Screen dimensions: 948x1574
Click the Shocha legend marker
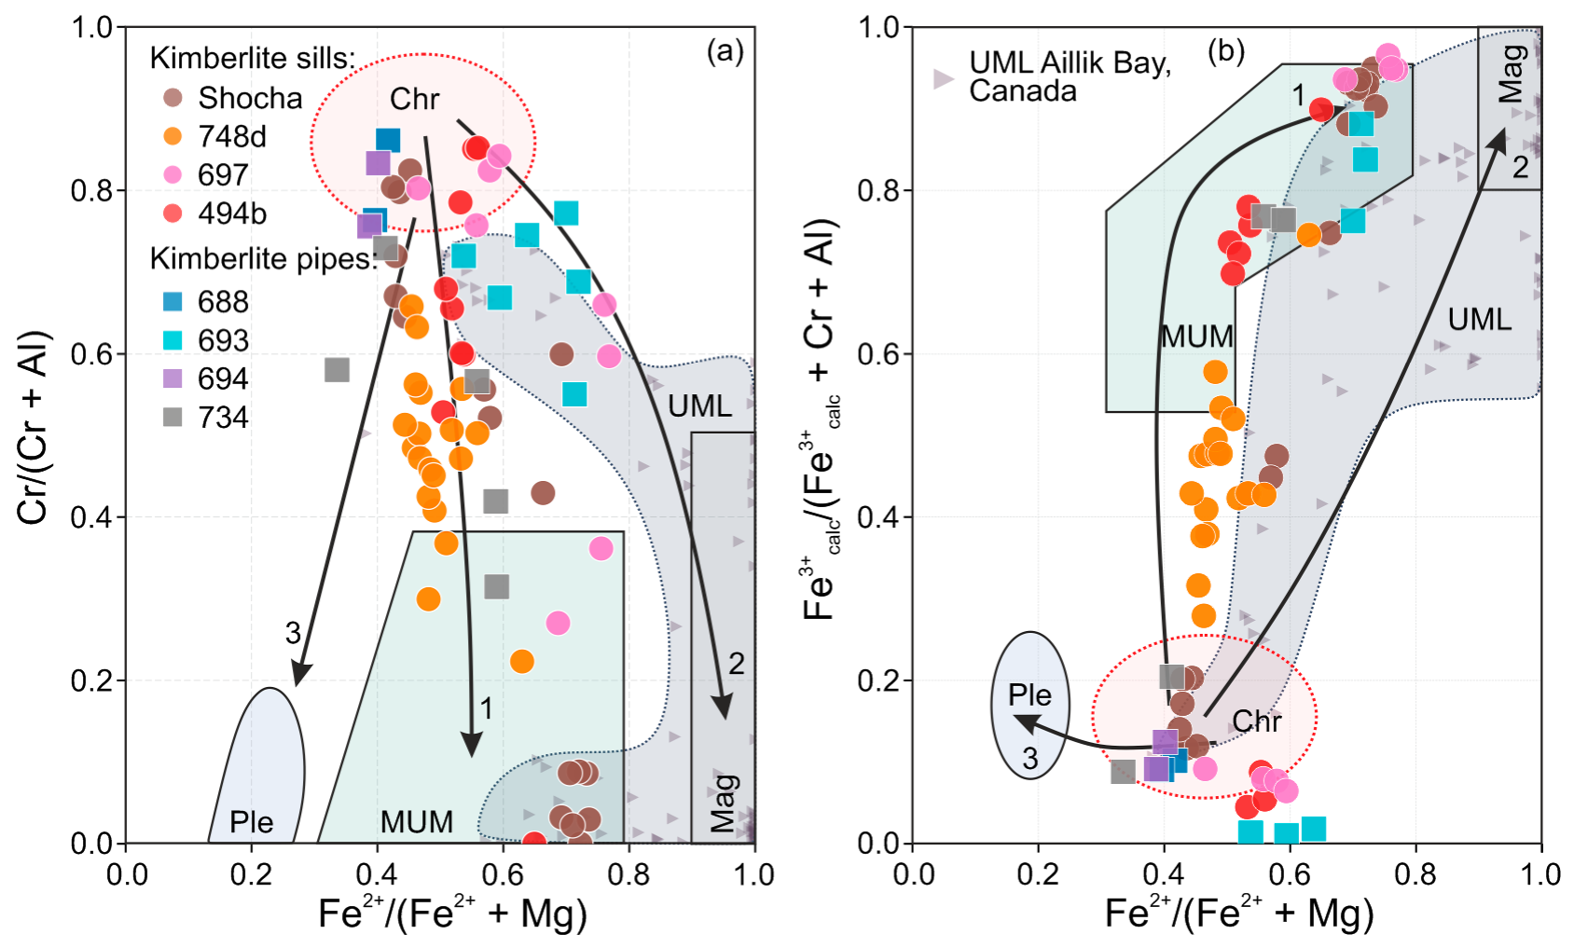click(173, 98)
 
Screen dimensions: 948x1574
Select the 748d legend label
click(232, 136)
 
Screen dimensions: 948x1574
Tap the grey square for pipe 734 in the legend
click(173, 417)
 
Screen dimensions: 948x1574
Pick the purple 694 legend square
click(173, 378)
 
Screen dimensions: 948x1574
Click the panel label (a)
click(725, 50)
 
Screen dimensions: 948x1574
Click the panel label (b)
click(1225, 50)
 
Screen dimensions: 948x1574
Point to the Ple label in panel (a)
click(251, 821)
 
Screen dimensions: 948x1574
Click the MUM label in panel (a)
click(416, 821)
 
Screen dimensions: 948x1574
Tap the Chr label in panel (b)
click(1256, 721)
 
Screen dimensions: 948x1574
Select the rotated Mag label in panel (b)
click(1511, 74)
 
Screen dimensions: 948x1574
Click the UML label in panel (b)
click(1479, 320)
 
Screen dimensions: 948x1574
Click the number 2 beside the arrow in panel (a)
click(736, 664)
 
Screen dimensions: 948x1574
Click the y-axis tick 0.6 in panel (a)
click(90, 354)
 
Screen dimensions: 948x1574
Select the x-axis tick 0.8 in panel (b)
click(1415, 874)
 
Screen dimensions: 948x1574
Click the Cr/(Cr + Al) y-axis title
click(34, 428)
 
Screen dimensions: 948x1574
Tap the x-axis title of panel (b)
click(1239, 914)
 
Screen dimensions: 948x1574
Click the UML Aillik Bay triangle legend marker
click(943, 78)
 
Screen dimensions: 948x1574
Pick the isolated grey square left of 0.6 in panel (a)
click(337, 370)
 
